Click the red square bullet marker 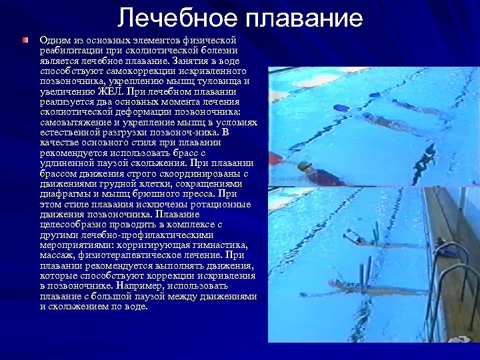coord(25,41)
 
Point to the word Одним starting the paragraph coord(54,40)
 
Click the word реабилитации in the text coord(73,50)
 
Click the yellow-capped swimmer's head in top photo coord(304,167)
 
